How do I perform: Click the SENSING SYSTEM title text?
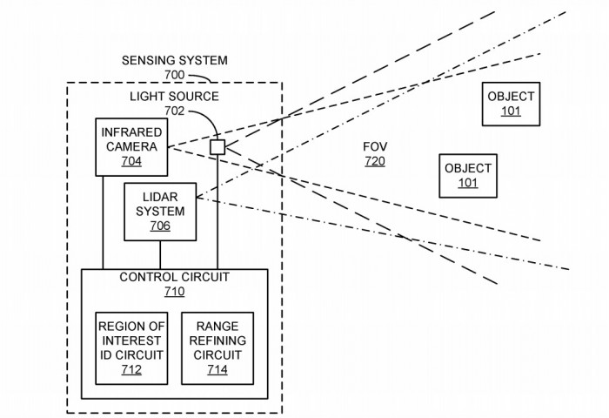175,61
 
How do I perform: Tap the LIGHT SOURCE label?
175,96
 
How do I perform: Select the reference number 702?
175,111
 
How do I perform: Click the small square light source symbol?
217,146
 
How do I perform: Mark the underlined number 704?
131,161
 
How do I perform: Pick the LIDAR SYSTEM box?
160,212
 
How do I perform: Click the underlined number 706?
160,226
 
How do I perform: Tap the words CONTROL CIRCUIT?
175,278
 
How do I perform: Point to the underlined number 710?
175,292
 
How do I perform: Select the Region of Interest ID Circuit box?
131,347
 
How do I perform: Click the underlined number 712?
131,369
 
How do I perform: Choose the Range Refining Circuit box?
217,347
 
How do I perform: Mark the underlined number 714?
217,369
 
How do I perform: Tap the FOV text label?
375,146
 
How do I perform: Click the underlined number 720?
375,161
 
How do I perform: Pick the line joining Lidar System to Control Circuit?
160,254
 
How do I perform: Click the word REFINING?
217,340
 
